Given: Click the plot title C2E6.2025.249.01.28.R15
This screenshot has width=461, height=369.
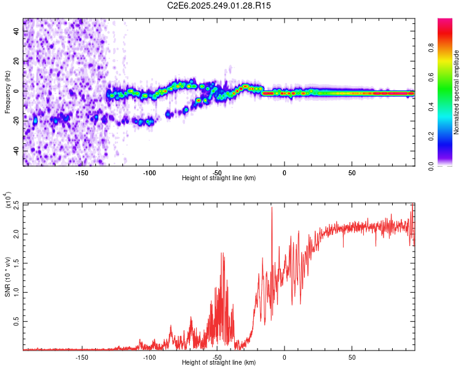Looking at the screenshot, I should click(x=219, y=6).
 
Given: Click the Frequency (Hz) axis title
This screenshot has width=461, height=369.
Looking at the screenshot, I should click(x=7, y=92).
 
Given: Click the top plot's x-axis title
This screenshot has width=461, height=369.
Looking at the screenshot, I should click(x=219, y=178).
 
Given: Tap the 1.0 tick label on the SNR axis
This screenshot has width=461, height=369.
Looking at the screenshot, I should click(x=15, y=292).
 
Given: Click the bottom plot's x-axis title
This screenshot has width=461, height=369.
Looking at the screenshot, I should click(x=219, y=363).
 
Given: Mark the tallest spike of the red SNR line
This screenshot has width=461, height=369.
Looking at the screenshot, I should click(x=272, y=207).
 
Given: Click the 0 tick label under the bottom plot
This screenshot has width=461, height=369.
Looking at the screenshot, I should click(x=285, y=357).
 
